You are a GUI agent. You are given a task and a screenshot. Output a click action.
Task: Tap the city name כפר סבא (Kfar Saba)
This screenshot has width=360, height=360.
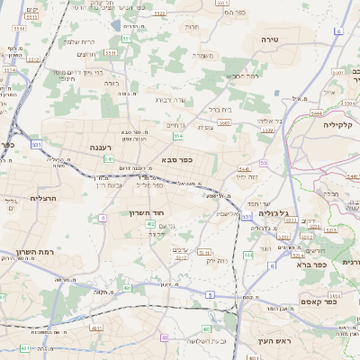[177, 159]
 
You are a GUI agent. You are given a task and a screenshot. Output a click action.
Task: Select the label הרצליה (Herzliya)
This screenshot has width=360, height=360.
[43, 197]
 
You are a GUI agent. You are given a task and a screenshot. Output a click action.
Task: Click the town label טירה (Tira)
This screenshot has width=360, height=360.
[271, 40]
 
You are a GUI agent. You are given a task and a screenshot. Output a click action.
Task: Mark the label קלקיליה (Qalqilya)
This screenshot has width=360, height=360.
[341, 125]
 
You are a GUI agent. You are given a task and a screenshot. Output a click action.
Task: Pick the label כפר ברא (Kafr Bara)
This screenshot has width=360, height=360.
[313, 265]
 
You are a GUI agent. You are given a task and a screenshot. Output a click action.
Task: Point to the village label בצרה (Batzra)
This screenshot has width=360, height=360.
[112, 83]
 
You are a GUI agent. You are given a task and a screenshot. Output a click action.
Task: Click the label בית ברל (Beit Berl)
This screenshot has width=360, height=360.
[220, 109]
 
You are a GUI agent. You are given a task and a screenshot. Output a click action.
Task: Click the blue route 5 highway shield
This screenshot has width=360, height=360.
[209, 294]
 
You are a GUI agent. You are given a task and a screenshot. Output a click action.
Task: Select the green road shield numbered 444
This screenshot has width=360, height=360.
[248, 256]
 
